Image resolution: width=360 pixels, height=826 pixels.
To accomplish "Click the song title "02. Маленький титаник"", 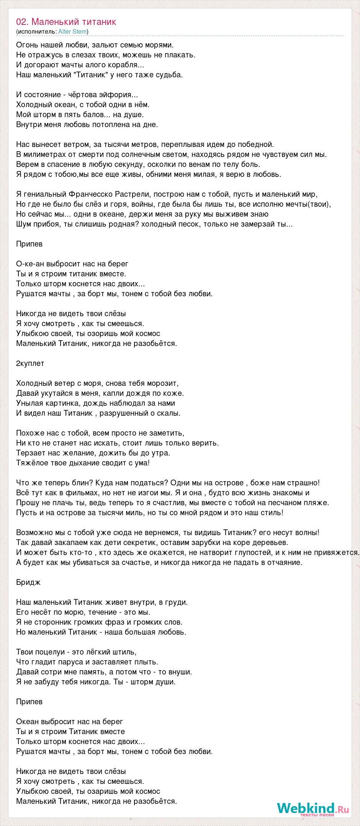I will pos(66,22).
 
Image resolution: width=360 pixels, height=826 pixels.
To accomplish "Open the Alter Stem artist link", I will pos(72,31).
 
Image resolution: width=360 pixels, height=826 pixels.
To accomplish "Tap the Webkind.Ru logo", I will pos(313,808).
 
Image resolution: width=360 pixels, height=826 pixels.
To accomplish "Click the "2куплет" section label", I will pos(30,363).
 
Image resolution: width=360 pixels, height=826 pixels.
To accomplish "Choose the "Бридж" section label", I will pos(28,582).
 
